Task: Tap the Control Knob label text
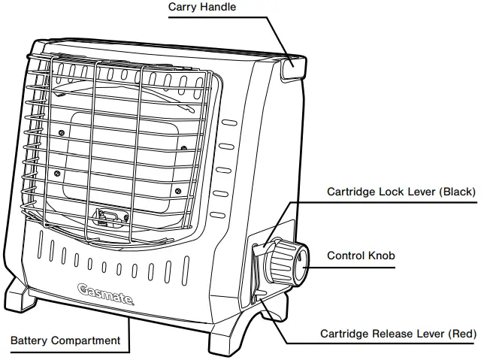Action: click(361, 256)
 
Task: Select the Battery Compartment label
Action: click(65, 340)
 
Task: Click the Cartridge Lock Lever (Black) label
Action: click(401, 192)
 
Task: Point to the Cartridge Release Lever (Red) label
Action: click(398, 333)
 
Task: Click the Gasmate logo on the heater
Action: click(106, 292)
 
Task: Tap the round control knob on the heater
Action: click(290, 262)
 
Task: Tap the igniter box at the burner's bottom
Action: click(105, 217)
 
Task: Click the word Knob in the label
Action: click(381, 256)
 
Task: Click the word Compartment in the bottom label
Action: click(86, 340)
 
